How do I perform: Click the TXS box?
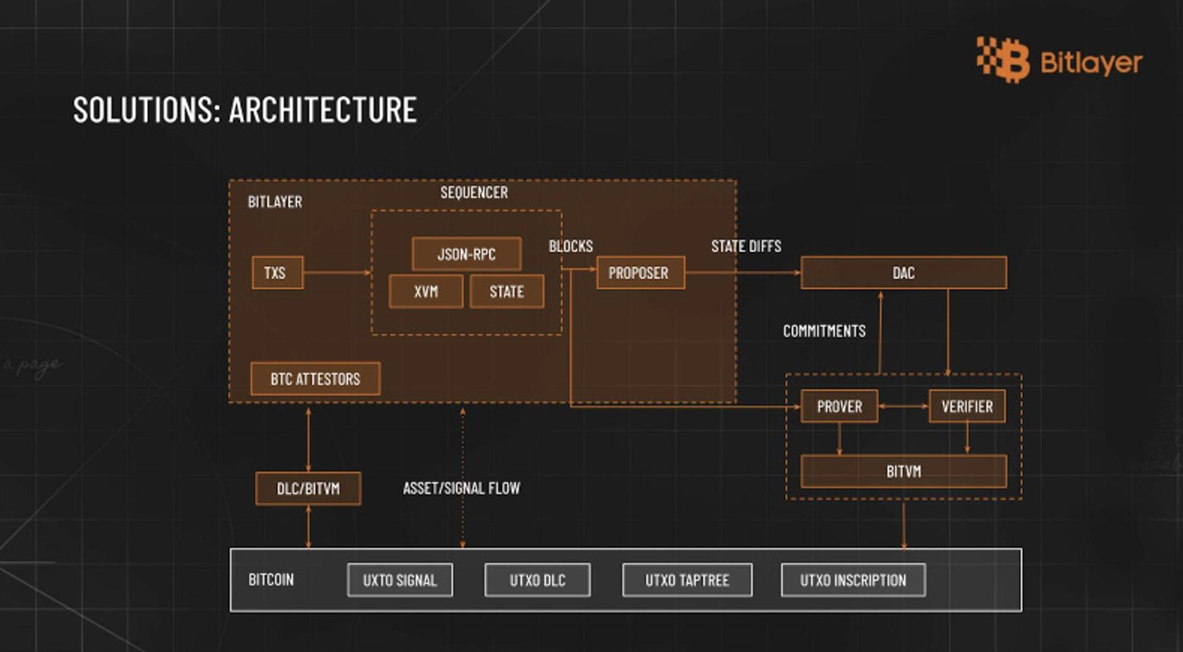(277, 272)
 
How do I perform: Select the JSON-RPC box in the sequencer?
(466, 254)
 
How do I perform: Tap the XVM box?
(426, 291)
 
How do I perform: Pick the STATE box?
(506, 291)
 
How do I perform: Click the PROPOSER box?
(640, 272)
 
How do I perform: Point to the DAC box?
(903, 272)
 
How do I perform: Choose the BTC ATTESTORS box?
(315, 378)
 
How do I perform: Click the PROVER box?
(839, 406)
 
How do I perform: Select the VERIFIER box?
(967, 406)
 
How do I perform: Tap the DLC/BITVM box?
(308, 488)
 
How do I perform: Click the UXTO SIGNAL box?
(400, 580)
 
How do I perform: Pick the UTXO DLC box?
(537, 580)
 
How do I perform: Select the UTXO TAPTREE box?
(687, 580)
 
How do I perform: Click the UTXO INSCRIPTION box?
(853, 580)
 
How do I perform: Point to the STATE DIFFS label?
(746, 247)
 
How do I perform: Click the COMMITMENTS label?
(824, 331)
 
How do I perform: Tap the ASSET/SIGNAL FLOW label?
(461, 488)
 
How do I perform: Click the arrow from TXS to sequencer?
(337, 272)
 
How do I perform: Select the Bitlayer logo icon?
(1002, 60)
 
